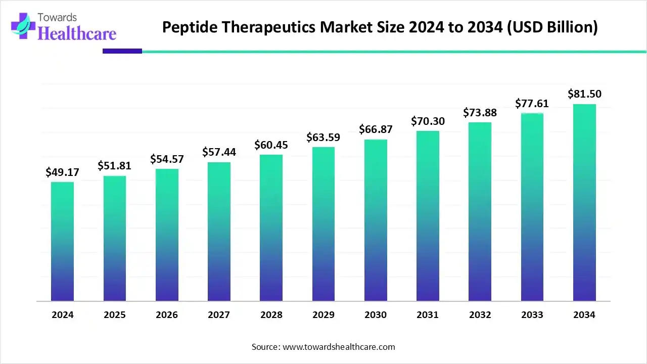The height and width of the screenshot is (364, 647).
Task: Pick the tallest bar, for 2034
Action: click(x=584, y=203)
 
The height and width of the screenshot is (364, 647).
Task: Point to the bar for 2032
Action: click(x=480, y=212)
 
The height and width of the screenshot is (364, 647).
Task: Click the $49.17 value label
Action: click(x=62, y=172)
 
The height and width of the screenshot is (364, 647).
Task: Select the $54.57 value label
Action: click(x=167, y=159)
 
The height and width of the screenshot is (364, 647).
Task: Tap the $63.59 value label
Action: click(x=323, y=138)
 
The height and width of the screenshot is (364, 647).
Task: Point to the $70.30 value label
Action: click(x=428, y=121)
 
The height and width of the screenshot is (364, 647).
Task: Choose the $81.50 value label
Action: click(x=584, y=94)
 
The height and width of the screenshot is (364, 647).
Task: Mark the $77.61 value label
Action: click(x=532, y=104)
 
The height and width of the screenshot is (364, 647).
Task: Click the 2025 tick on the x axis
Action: click(x=115, y=315)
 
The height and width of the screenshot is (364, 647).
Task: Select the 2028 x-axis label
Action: click(x=271, y=315)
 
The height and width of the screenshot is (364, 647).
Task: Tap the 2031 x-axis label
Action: click(x=428, y=315)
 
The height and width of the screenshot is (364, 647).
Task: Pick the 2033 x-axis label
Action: click(x=532, y=315)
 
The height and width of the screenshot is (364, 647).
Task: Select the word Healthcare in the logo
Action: click(x=77, y=33)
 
